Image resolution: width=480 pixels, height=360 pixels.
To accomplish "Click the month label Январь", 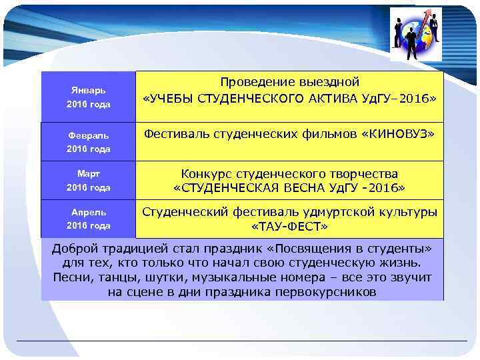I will pos(89,89).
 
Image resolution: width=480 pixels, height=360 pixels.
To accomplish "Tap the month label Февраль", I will pos(89,135).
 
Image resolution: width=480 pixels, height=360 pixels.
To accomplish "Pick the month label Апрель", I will pos(89,211).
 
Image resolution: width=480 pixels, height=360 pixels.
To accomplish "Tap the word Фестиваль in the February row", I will pos(176,135).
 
